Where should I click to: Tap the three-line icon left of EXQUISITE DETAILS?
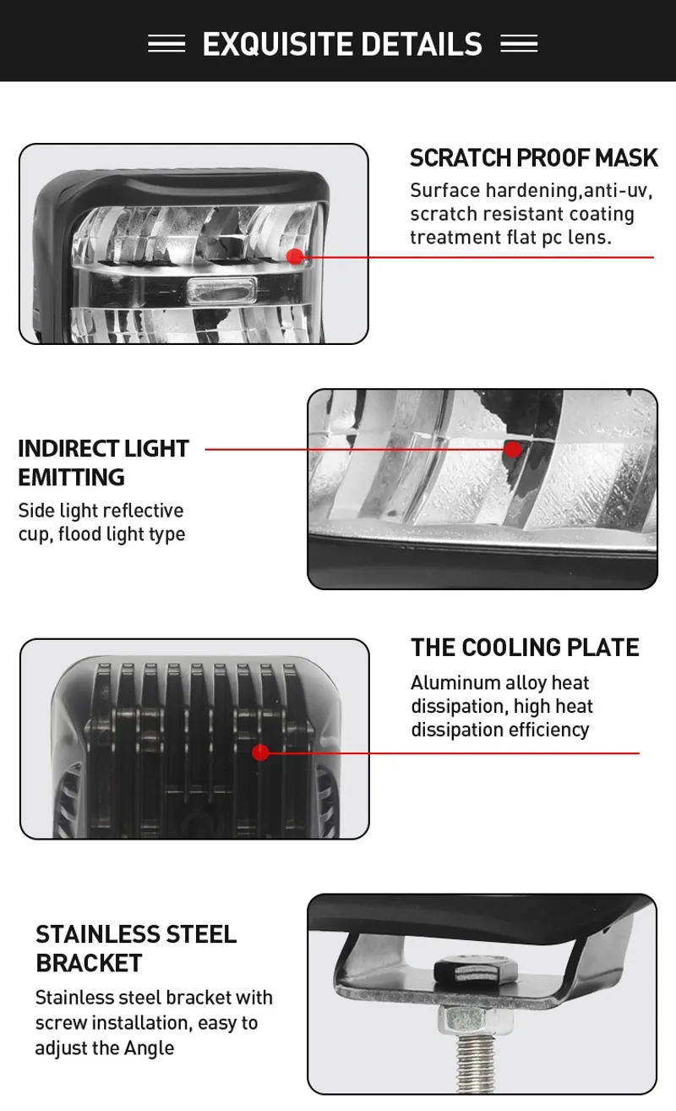point(166,44)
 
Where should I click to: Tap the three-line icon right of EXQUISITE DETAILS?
point(519,44)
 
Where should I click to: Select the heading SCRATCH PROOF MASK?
point(534,158)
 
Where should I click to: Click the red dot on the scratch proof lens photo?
point(296,256)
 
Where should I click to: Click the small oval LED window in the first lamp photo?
point(221,290)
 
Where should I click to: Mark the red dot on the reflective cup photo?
point(513,449)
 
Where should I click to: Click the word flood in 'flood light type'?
point(79,534)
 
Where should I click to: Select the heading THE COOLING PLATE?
point(525,648)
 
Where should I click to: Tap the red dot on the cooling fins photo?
point(260,753)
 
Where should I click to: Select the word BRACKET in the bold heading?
point(90,963)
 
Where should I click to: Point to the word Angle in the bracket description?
point(149,1048)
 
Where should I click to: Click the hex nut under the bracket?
point(475,1021)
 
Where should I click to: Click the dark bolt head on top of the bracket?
point(476,970)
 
